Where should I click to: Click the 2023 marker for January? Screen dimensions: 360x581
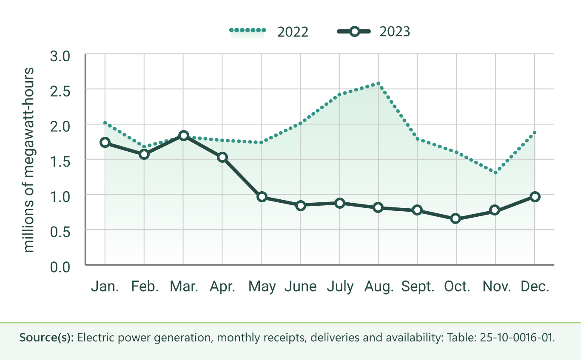pyautogui.click(x=105, y=142)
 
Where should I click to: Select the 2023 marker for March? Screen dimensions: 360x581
pyautogui.click(x=183, y=136)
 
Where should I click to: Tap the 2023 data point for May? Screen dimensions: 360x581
pyautogui.click(x=262, y=197)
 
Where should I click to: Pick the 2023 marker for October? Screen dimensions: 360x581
pyautogui.click(x=456, y=218)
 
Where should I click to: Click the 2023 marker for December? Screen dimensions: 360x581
pyautogui.click(x=535, y=196)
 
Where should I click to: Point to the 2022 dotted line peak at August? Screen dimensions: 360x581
pyautogui.click(x=378, y=83)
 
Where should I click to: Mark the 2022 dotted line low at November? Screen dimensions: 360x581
pyautogui.click(x=496, y=173)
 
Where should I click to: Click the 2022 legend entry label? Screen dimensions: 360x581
pyautogui.click(x=293, y=32)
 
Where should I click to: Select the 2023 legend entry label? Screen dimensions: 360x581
pyautogui.click(x=395, y=32)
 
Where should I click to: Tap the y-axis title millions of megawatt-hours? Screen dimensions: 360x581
pyautogui.click(x=29, y=159)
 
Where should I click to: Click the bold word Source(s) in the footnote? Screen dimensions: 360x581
pyautogui.click(x=47, y=339)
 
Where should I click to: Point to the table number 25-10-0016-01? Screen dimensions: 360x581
pyautogui.click(x=517, y=339)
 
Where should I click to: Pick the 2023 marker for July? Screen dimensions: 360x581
pyautogui.click(x=339, y=203)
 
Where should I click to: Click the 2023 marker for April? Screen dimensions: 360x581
pyautogui.click(x=222, y=157)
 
